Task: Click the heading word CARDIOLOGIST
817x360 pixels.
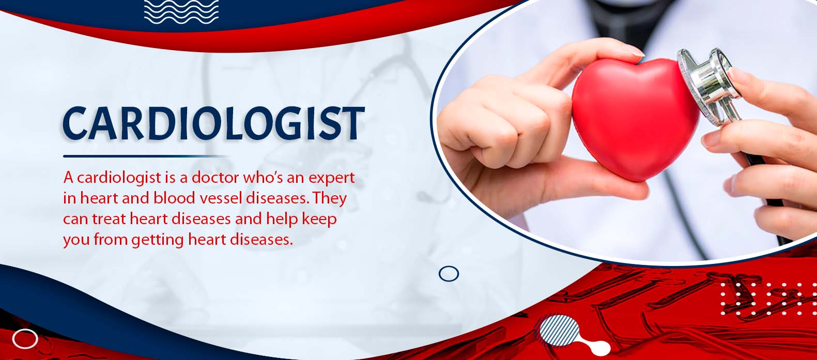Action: point(214,123)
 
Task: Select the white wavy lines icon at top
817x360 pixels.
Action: point(181,12)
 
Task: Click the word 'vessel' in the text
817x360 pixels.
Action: point(224,198)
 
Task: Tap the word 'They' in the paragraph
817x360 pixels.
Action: point(329,199)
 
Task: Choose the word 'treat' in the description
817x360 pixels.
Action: point(110,219)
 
